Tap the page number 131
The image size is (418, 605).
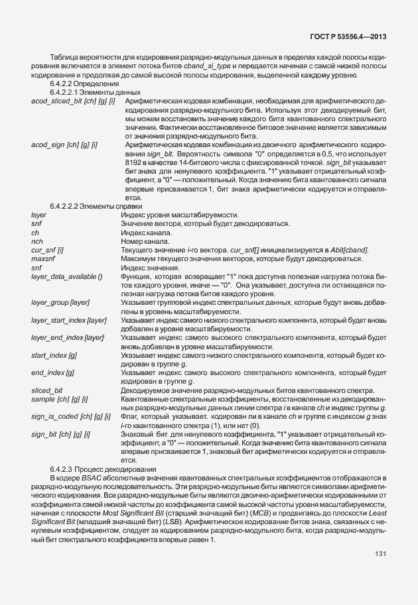380,553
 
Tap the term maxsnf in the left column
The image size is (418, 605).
42,258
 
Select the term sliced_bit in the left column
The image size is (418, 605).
47,390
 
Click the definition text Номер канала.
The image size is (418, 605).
145,241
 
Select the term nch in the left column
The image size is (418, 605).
37,241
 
